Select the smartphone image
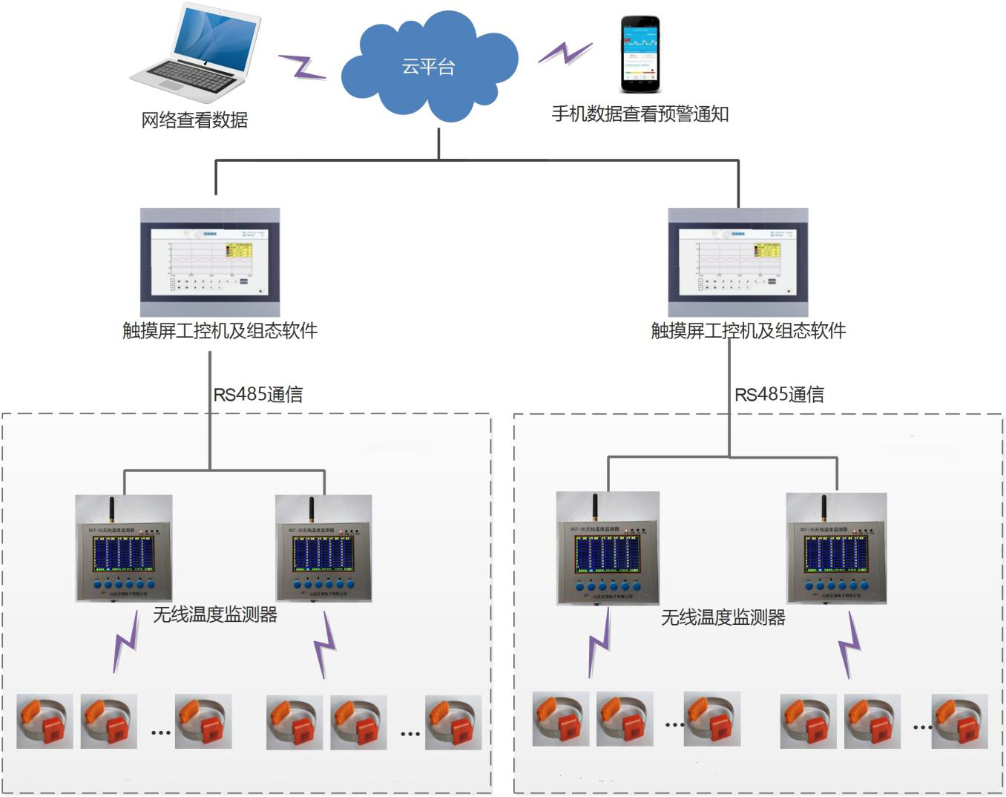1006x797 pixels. [640, 55]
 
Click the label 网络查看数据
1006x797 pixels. [194, 119]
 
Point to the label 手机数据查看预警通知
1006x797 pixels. [640, 114]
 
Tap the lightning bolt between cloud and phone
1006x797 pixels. [565, 52]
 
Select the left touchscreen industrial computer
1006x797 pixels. [210, 262]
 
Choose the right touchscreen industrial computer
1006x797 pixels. [738, 262]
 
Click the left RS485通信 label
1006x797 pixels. [258, 394]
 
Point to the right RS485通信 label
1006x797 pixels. [779, 394]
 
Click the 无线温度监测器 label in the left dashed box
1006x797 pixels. [214, 614]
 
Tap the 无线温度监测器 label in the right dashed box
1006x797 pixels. [723, 617]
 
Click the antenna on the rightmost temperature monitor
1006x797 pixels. [823, 508]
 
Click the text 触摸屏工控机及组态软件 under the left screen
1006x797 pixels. [220, 330]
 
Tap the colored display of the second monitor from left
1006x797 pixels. [323, 554]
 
